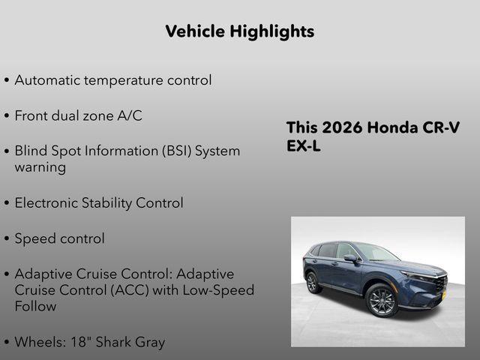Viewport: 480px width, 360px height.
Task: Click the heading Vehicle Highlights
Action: click(x=239, y=31)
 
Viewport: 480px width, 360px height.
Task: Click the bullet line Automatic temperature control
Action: click(x=112, y=79)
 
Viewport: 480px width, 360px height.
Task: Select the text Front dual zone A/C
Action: click(x=78, y=115)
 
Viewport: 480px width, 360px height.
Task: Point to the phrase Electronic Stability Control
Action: click(x=98, y=202)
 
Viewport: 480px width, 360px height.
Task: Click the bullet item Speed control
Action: click(x=59, y=238)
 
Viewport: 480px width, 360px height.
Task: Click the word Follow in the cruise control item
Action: click(x=35, y=306)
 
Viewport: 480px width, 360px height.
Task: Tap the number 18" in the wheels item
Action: click(x=84, y=342)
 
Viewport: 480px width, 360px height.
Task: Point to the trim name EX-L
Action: click(x=304, y=146)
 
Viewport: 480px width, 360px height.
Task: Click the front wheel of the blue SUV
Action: click(x=381, y=301)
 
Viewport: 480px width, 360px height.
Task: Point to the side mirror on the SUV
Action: click(x=350, y=259)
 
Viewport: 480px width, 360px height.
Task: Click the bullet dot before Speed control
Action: click(x=7, y=239)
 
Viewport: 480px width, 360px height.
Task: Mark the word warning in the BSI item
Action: click(x=40, y=166)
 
